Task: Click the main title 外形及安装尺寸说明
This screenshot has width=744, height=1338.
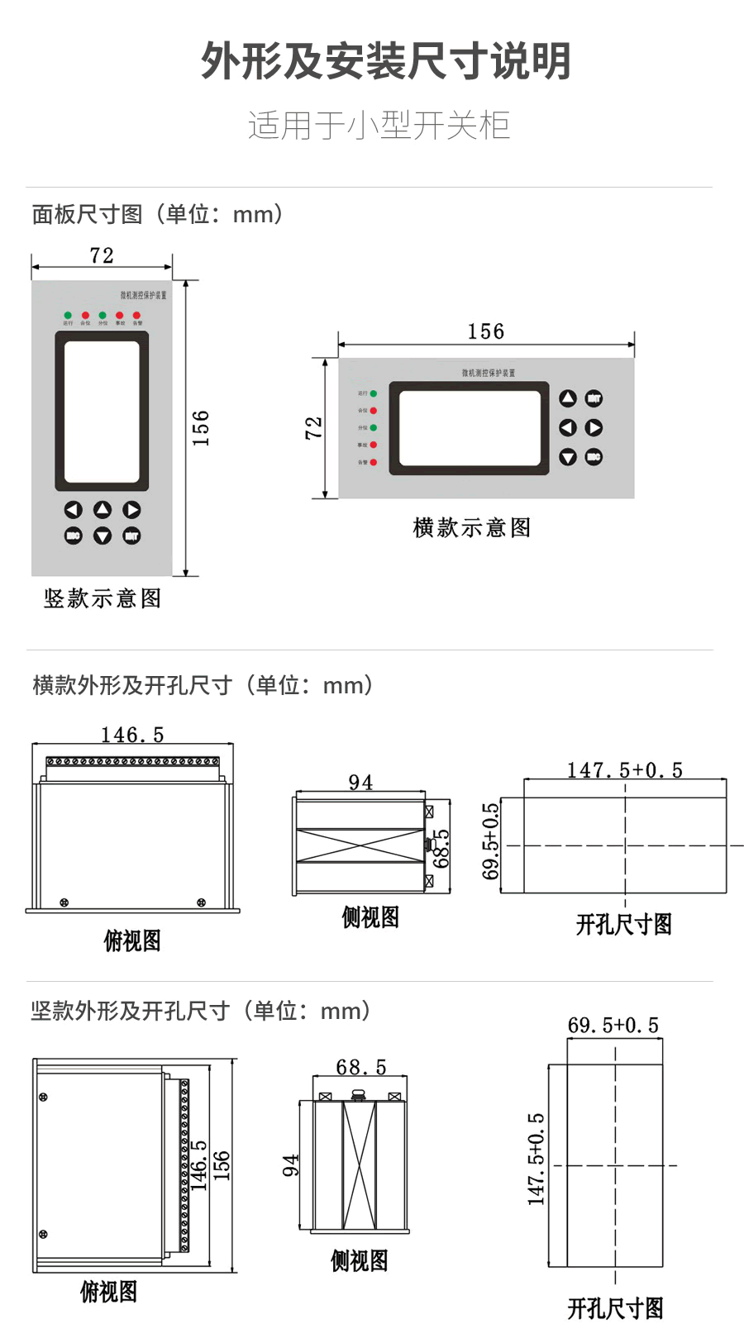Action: click(386, 62)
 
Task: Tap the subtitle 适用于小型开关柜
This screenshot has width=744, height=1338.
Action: click(379, 126)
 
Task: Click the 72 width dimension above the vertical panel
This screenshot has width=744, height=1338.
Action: click(102, 255)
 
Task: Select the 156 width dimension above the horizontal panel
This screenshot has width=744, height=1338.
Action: click(485, 331)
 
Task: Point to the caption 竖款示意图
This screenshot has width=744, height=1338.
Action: click(103, 598)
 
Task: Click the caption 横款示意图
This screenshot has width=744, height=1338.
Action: click(472, 527)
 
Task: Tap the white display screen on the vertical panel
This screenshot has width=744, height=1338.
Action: click(102, 412)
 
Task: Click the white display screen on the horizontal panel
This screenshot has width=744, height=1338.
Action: click(469, 428)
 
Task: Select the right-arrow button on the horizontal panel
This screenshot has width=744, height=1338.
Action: click(594, 427)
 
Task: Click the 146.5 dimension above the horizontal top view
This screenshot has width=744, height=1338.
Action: click(132, 735)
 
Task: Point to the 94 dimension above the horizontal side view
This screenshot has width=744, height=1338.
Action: click(360, 782)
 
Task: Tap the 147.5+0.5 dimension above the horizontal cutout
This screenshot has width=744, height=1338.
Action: click(624, 770)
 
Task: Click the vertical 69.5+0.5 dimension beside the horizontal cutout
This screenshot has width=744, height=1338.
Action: click(491, 841)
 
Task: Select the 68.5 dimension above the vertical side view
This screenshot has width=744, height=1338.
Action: click(360, 1067)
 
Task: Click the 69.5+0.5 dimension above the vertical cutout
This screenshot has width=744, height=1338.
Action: click(613, 1026)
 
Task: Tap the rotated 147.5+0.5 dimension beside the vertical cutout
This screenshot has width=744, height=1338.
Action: click(537, 1159)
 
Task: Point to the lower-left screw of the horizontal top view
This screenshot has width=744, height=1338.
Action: click(64, 902)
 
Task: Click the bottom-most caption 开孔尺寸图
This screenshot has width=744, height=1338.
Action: click(615, 1308)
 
